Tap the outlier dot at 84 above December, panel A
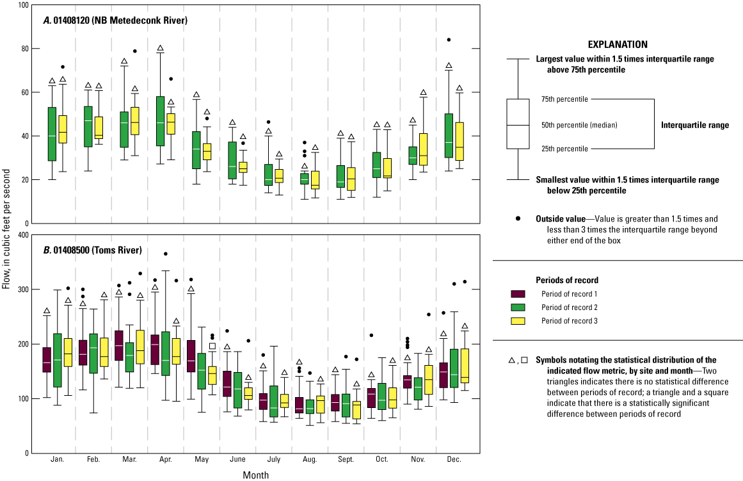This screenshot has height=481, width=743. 449,40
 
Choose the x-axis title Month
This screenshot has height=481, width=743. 255,475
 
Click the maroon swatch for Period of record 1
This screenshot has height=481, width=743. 518,294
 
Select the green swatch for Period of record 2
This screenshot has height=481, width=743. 518,307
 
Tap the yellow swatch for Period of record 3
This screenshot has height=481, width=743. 518,321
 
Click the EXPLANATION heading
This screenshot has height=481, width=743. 617,45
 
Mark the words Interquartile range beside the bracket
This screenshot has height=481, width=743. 694,126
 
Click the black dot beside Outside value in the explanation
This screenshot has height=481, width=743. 518,218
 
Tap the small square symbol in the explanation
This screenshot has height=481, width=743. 525,361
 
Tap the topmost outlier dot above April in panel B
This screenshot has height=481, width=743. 166,254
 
